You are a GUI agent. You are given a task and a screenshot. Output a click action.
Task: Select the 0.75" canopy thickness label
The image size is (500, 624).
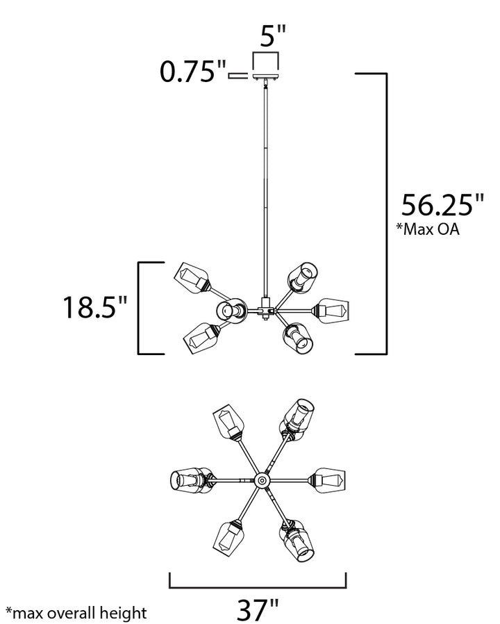pos(192,72)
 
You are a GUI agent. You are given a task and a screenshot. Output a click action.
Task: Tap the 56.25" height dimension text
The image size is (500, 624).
pos(442,205)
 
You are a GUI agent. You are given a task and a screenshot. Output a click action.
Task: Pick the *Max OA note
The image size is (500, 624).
pos(428,229)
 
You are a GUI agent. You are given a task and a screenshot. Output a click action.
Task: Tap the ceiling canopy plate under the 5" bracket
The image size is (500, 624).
pos(266,76)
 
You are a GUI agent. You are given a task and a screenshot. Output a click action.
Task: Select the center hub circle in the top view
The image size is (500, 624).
pos(262,480)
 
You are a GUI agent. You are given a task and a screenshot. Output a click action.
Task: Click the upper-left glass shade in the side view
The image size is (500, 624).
pos(192,278)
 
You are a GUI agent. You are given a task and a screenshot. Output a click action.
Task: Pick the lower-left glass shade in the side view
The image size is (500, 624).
pos(201,338)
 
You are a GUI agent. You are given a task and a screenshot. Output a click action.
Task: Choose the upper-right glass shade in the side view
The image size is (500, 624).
pos(303,279)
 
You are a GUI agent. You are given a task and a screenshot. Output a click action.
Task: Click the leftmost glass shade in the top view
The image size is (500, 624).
pos(191,481)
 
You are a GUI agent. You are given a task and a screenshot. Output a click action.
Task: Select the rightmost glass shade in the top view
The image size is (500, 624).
pos(328,481)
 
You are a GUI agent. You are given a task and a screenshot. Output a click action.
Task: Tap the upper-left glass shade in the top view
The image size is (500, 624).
pos(228,421)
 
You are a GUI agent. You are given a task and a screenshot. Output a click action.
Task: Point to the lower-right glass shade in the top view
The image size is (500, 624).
pos(297,540)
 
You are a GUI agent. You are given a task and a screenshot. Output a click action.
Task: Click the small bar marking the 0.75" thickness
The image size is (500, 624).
pos(237,76)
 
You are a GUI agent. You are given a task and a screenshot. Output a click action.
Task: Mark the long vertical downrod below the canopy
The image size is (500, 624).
pos(265,191)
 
